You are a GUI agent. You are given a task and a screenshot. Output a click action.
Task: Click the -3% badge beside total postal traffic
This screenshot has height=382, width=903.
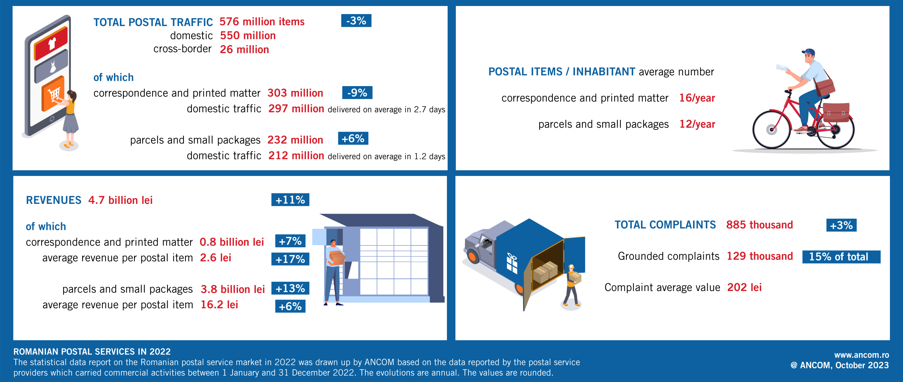coord(356,21)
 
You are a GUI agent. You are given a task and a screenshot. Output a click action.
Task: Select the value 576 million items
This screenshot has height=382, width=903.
coord(262,22)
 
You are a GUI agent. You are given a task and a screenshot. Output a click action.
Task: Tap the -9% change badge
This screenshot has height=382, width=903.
coord(357,93)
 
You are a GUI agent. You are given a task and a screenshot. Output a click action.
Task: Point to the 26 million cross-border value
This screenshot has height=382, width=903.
coord(244,50)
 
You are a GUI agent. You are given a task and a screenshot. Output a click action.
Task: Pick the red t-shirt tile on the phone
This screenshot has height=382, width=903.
coord(51,43)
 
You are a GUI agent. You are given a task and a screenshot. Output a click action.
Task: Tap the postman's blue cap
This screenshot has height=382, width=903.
coord(809,52)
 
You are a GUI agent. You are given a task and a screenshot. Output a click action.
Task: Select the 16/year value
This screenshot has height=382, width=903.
coord(697,98)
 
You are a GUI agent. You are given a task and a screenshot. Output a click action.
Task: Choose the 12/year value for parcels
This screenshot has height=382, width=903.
coord(697,124)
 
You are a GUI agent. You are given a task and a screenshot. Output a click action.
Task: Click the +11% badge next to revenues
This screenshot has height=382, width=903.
coord(290,200)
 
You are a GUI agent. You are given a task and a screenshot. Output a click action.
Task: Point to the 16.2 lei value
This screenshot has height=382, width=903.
coord(219,305)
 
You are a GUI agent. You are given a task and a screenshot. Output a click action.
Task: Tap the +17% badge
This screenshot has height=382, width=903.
coord(290,259)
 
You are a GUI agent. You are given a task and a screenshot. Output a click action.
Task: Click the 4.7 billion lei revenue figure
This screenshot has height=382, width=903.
coord(120,200)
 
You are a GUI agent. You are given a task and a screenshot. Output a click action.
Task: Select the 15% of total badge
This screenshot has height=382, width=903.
coord(841,257)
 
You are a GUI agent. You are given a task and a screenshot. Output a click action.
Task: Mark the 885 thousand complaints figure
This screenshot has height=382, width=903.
coord(759,225)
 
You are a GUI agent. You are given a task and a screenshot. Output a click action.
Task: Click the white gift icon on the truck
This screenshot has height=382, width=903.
coord(512,263)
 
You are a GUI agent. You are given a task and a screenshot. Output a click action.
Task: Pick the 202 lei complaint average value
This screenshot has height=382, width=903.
coord(744,287)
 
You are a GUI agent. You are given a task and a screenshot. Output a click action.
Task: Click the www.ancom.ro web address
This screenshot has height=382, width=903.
coord(861,355)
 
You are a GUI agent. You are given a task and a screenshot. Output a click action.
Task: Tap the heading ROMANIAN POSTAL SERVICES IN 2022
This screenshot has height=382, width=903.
coord(92,352)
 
